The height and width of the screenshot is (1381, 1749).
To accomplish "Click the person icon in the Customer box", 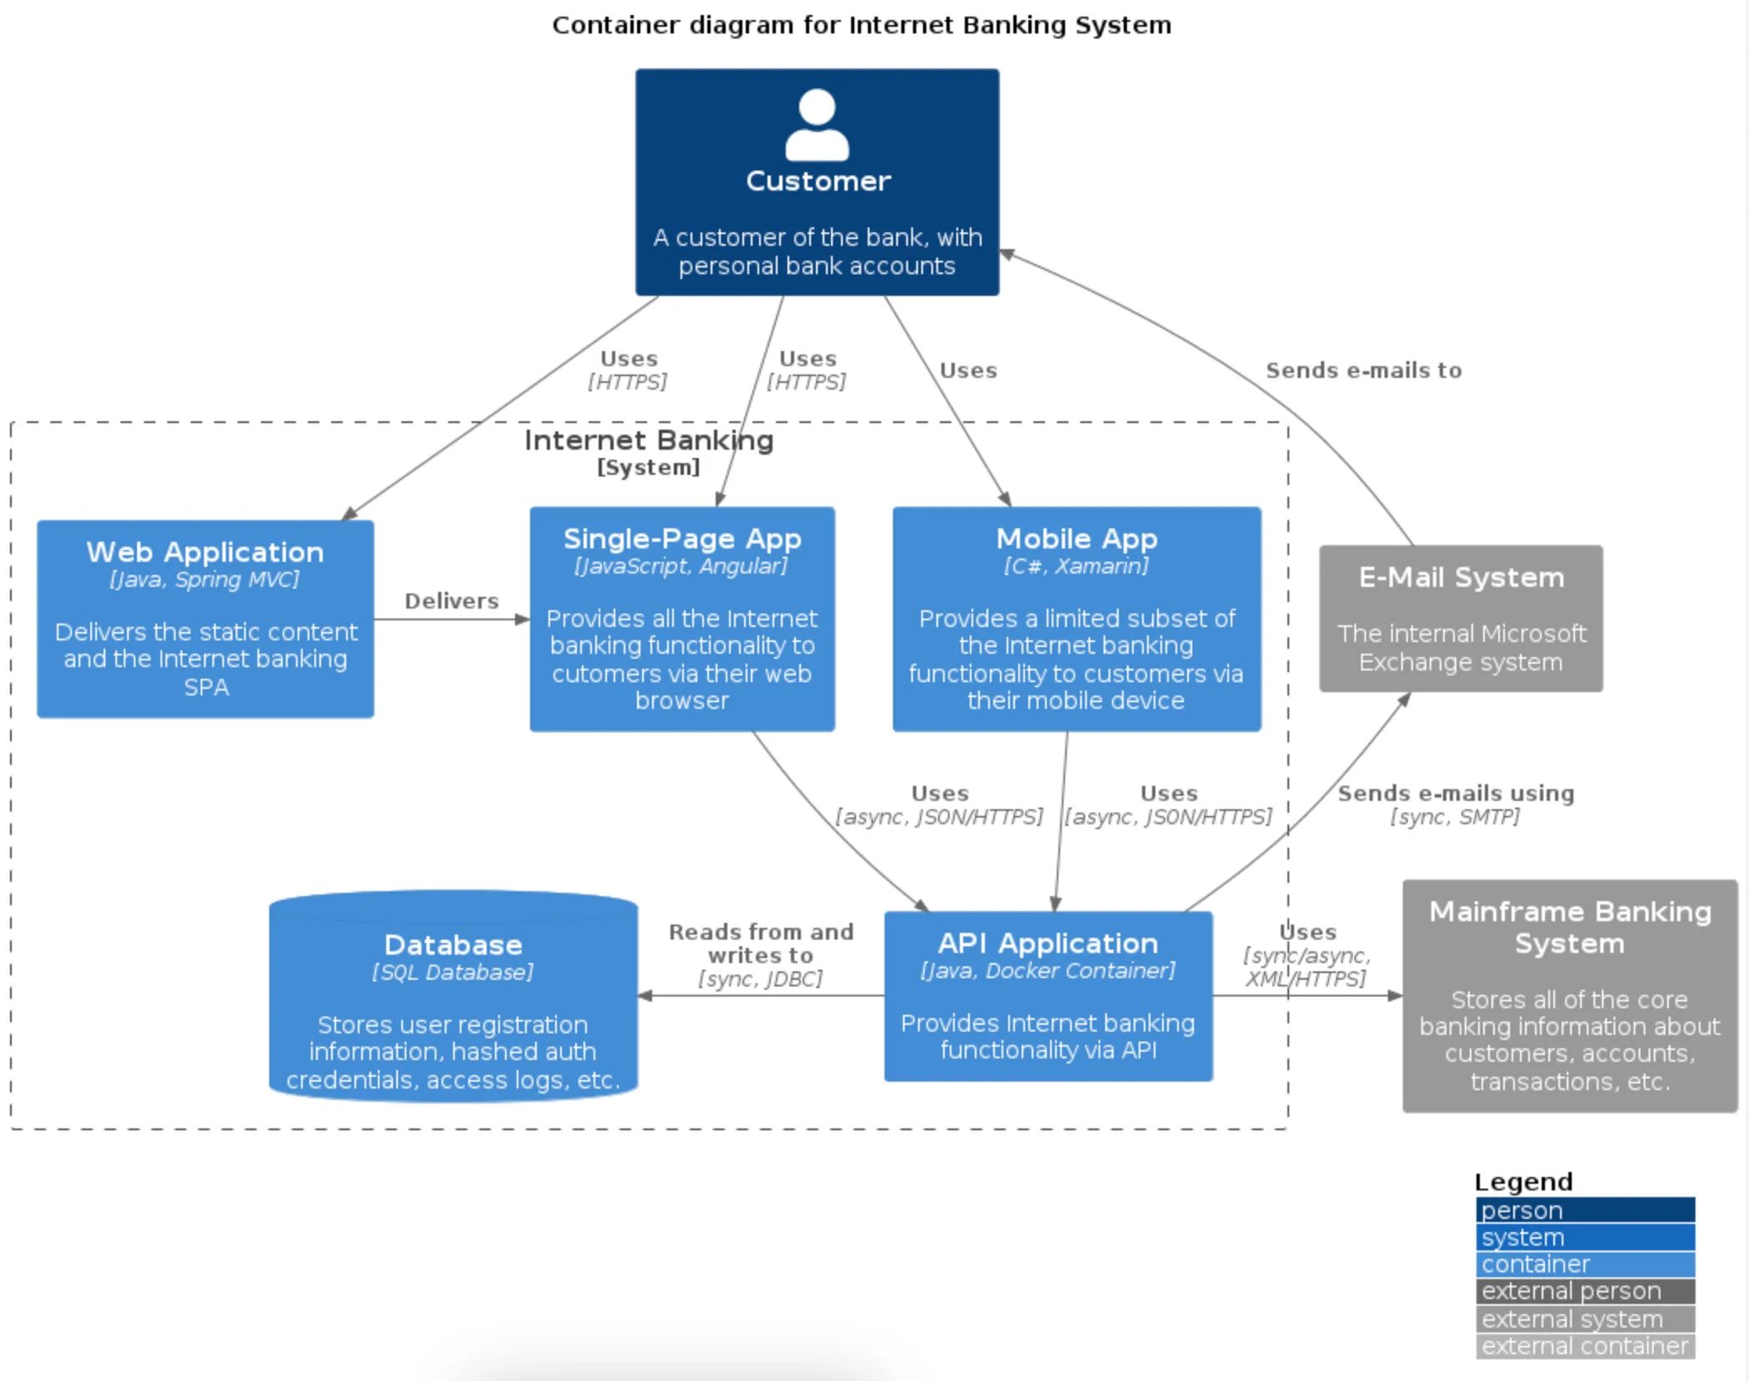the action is [817, 125].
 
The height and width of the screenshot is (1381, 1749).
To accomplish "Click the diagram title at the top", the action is [861, 25].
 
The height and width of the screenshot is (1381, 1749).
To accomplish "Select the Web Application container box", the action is [206, 619].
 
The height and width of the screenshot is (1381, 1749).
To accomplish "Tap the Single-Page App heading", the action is [682, 538].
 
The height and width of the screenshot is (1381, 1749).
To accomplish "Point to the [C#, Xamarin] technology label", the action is [1076, 566].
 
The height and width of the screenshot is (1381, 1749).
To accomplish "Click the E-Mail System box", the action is [1461, 619].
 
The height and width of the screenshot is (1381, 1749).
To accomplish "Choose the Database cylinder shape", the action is [453, 995].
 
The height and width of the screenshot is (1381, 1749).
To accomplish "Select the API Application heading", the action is [1048, 943].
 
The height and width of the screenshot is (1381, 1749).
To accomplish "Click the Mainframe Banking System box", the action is [1569, 996].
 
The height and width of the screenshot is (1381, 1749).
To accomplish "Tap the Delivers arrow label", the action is [451, 601].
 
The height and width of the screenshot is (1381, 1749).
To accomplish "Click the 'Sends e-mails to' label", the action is [1364, 370].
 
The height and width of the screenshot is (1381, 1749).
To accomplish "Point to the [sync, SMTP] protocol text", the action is [1455, 817].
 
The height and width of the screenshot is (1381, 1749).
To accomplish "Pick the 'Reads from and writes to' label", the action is [761, 943].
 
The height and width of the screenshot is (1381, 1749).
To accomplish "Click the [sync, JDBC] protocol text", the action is [760, 979].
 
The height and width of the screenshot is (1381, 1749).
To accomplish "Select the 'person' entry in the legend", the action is [1585, 1210].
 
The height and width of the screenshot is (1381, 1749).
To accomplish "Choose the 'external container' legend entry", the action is [1585, 1346].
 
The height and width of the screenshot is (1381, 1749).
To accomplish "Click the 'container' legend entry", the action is [1585, 1264].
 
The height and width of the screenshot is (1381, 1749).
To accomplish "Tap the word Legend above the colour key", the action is [1523, 1181].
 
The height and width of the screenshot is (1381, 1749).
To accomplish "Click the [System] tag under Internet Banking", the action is [649, 467].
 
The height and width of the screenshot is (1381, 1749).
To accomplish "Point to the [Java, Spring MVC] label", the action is [205, 579].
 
